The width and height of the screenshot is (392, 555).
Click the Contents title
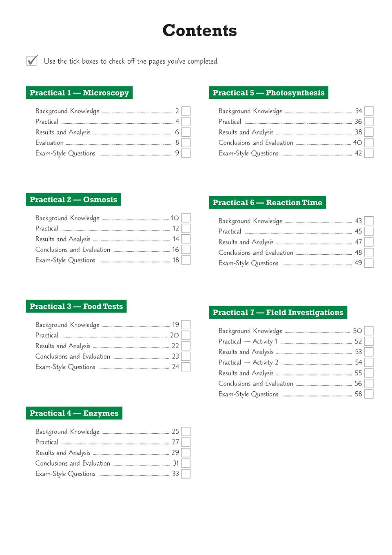199,31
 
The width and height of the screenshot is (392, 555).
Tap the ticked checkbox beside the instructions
32,61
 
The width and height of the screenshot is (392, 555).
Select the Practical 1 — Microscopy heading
79,93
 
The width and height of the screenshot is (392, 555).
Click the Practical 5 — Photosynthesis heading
268,93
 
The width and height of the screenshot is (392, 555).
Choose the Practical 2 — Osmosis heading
73,200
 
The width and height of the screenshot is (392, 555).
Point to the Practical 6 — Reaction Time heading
267,202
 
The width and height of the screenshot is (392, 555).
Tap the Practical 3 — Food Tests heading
76,306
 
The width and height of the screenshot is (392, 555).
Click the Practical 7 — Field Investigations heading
278,313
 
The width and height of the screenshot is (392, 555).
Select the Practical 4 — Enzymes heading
74,413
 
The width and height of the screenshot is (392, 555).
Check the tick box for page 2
186,111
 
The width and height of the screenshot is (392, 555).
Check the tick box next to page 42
369,153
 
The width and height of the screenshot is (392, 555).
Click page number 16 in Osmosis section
175,250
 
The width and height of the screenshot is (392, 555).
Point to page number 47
358,242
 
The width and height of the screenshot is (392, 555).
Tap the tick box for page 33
186,474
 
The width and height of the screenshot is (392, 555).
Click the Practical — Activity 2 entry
248,362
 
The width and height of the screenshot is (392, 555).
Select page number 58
358,394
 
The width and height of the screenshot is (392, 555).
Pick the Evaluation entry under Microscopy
49,143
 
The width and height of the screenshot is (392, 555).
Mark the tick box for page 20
186,335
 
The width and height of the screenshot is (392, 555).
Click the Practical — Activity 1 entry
248,342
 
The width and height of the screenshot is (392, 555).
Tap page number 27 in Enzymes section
175,442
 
